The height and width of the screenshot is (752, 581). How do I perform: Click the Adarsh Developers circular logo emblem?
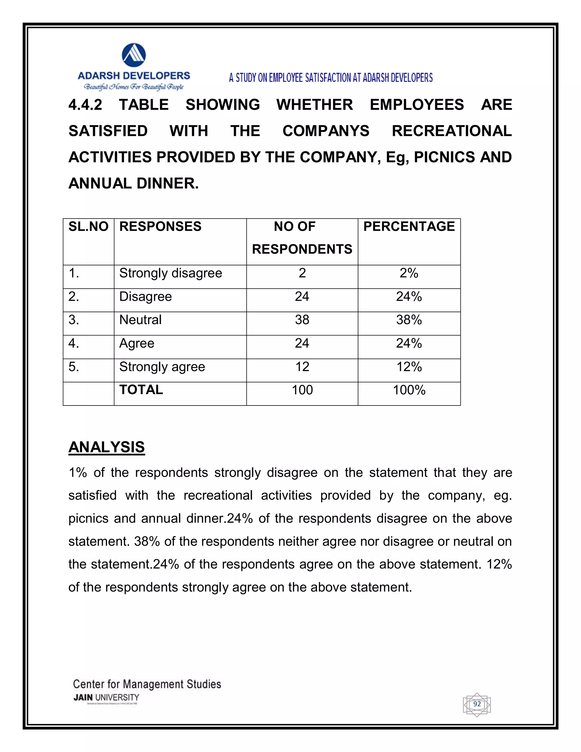pos(134,55)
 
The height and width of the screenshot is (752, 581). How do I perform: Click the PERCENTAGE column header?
pos(409,226)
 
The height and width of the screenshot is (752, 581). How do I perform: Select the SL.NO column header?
pos(89,226)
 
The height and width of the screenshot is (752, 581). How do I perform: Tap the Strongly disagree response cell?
pos(171,273)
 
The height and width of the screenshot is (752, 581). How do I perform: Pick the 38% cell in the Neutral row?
pos(409,320)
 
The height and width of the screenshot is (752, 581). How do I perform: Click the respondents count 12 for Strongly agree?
pos(302,367)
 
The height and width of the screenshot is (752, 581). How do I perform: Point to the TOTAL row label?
pos(141,390)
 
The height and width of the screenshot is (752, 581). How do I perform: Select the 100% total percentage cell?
pos(409,390)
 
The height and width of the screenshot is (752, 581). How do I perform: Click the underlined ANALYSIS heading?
pos(107,447)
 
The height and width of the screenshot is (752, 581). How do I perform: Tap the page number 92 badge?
pos(477,704)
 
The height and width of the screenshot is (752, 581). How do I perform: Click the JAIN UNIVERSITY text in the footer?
pos(106,698)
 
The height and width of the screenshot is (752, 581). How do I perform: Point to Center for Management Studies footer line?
pos(147,684)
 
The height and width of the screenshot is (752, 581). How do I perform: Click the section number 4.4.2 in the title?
pos(85,105)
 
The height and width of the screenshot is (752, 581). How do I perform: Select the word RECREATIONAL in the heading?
pos(452,131)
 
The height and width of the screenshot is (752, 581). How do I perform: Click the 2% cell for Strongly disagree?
pos(409,273)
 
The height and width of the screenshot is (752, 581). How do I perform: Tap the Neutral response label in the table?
pos(140,320)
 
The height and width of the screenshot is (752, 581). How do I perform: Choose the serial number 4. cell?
pos(74,343)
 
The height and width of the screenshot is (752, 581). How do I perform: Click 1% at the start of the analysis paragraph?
pos(77,472)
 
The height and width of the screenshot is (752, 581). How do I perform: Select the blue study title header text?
pos(331,78)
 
